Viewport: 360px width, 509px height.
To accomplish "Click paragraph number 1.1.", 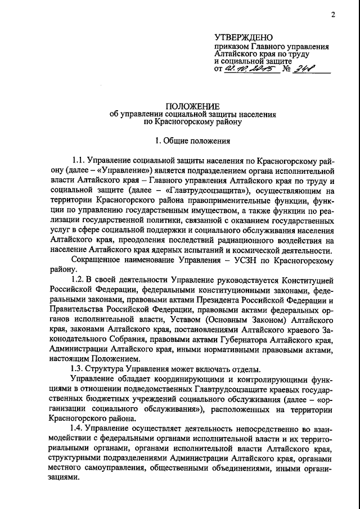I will [x=80, y=161].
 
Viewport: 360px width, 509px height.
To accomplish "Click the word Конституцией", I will [x=306, y=279].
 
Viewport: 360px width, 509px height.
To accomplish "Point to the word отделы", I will [x=246, y=369].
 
